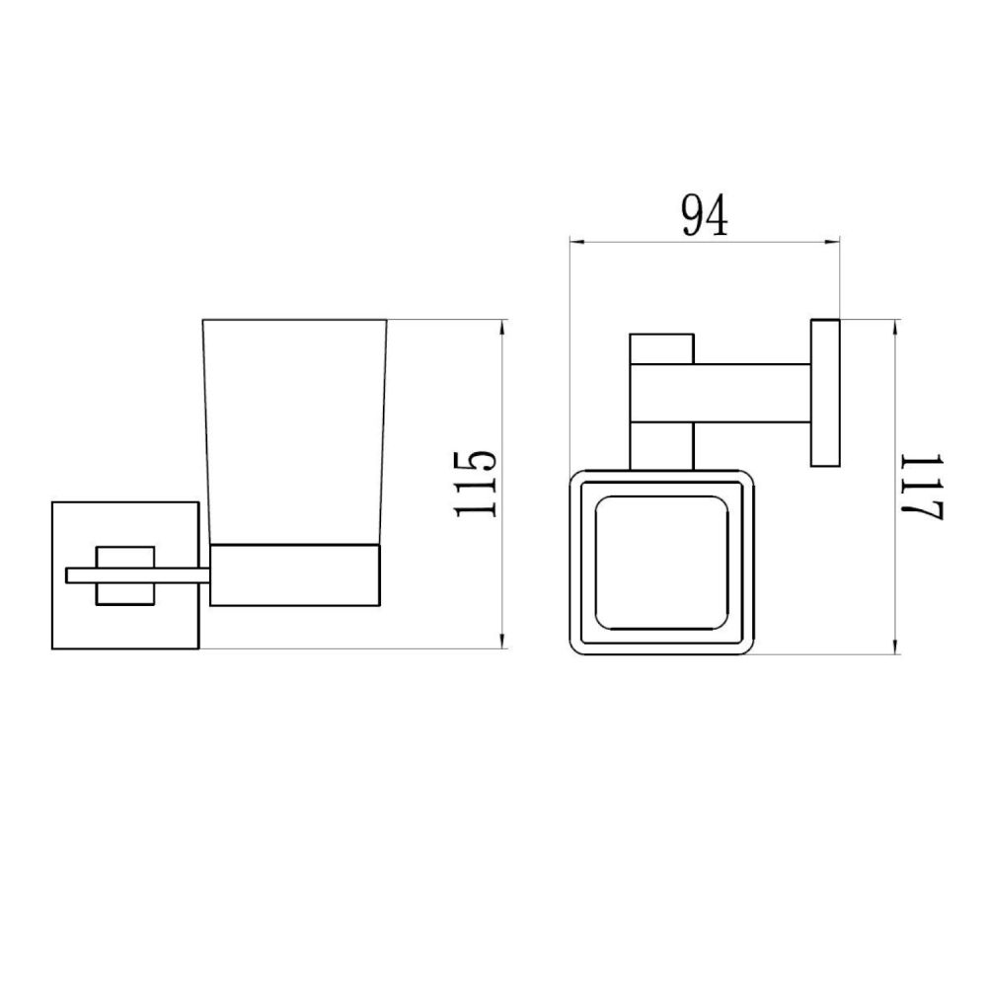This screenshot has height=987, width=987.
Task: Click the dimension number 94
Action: pyautogui.click(x=705, y=215)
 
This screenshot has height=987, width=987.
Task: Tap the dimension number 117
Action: pyautogui.click(x=926, y=487)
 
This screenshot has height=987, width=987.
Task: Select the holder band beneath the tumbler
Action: pyautogui.click(x=296, y=573)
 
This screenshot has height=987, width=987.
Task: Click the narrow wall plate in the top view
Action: pyautogui.click(x=825, y=392)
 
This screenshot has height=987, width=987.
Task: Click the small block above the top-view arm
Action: pyautogui.click(x=662, y=348)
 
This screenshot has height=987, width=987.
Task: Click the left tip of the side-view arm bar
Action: pyautogui.click(x=68, y=575)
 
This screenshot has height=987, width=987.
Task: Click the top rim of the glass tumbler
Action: pyautogui.click(x=294, y=320)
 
